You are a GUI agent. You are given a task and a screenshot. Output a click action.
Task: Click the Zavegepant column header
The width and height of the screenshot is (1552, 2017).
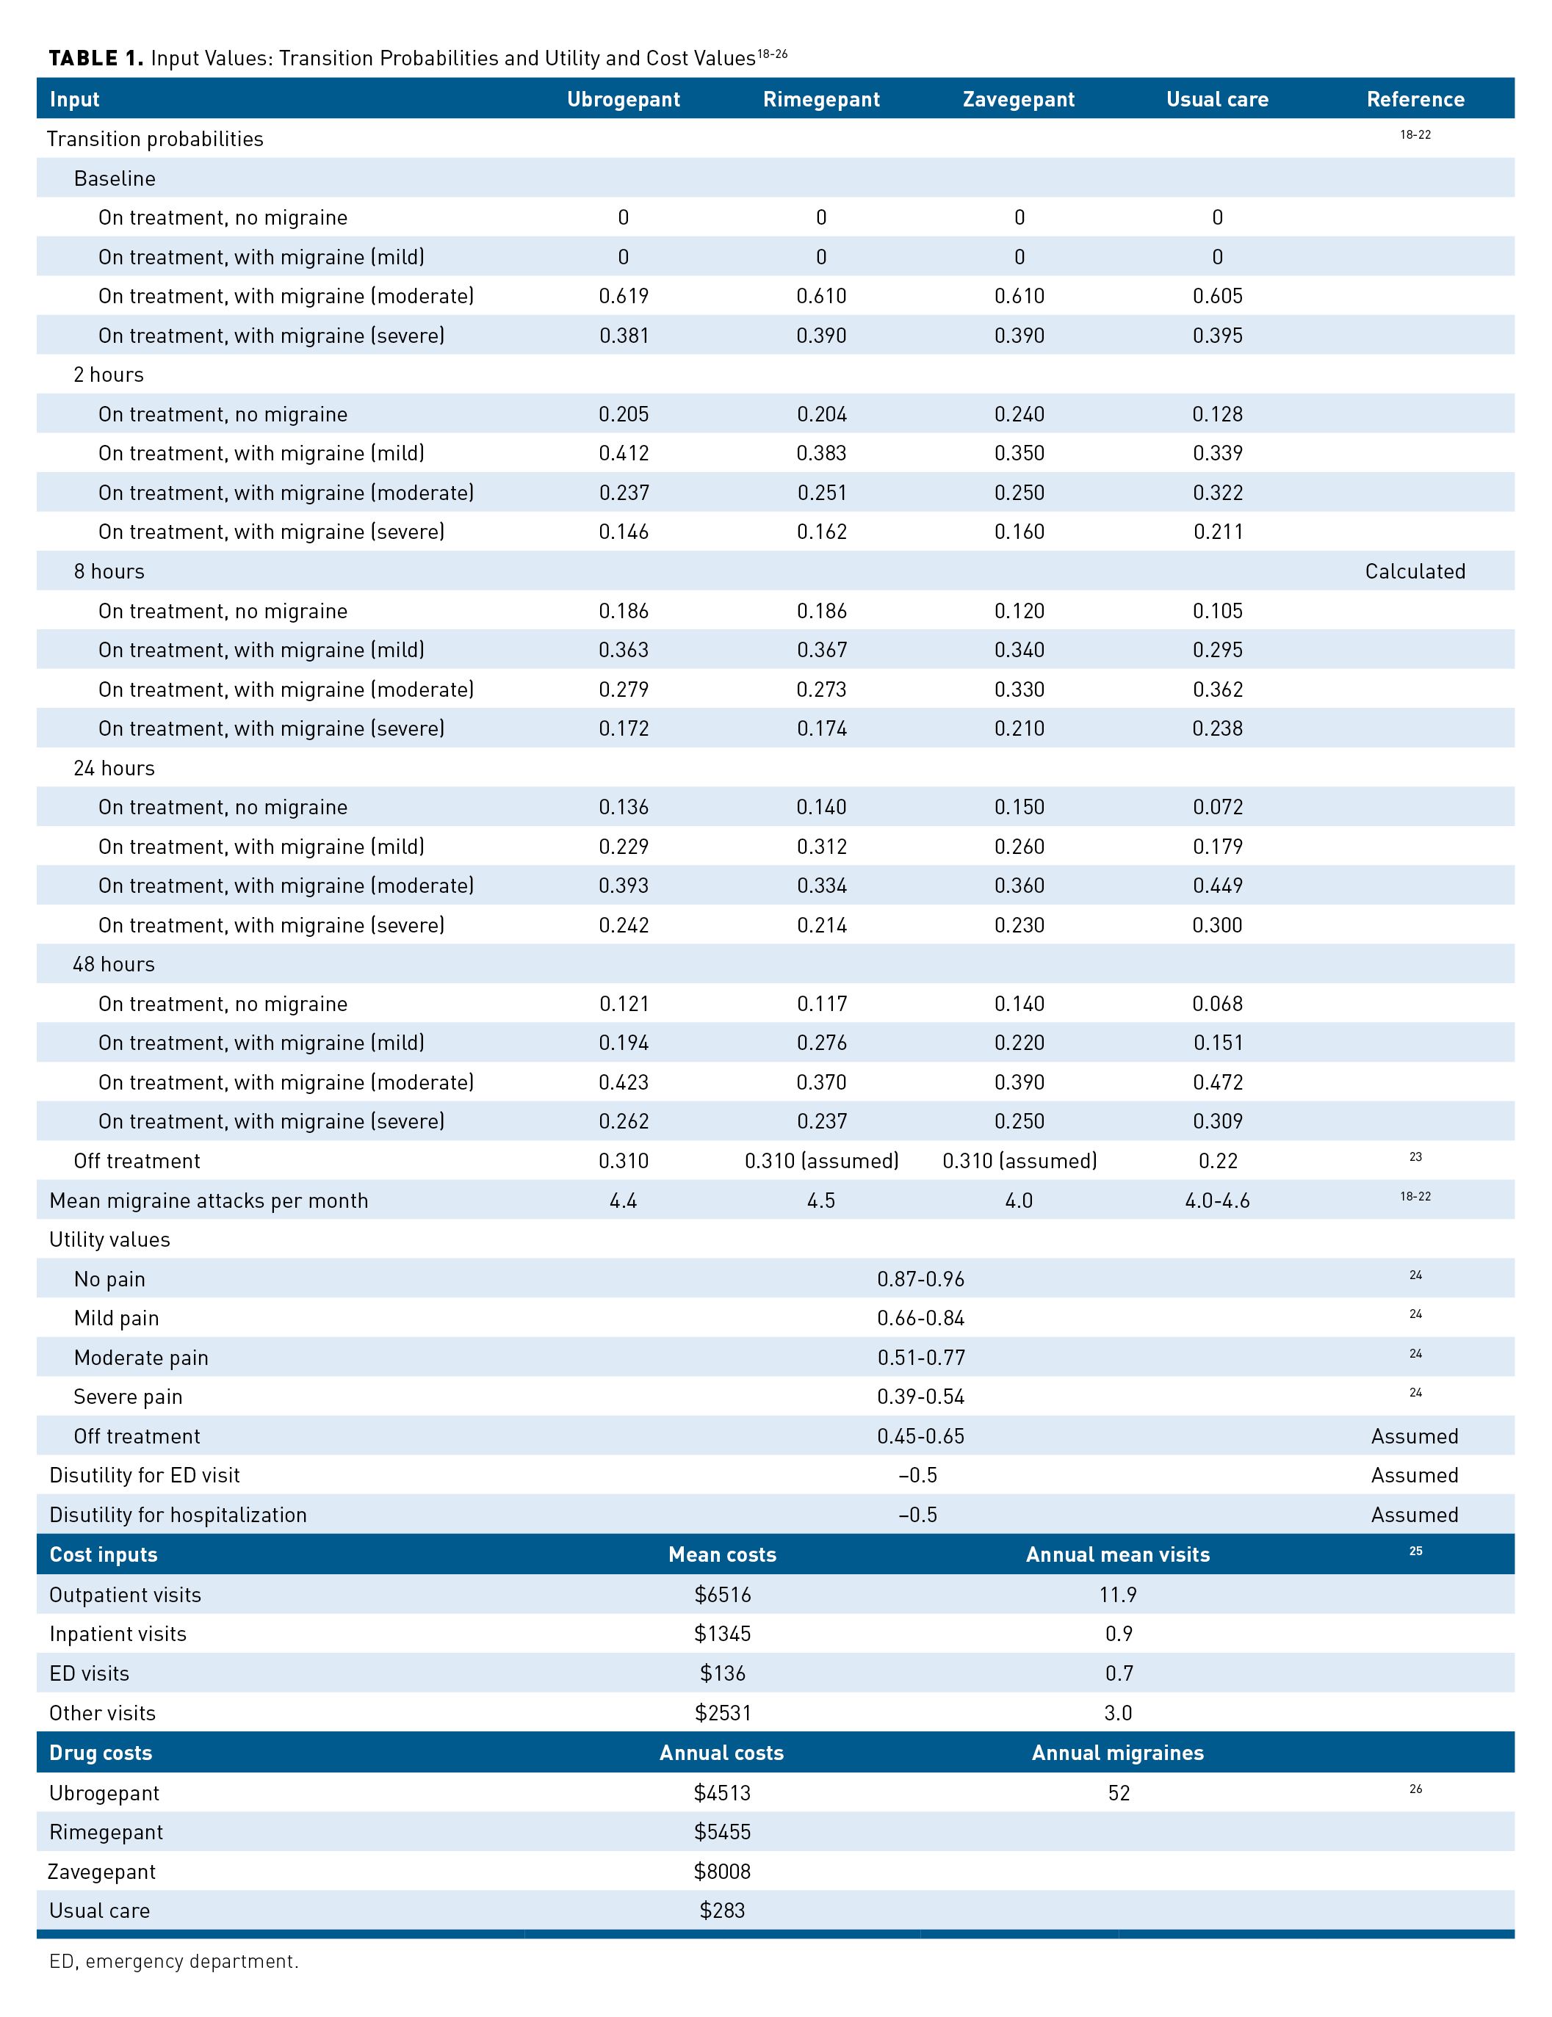point(1018,99)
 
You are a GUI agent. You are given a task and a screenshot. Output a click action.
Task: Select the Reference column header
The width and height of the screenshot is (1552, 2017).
point(1415,99)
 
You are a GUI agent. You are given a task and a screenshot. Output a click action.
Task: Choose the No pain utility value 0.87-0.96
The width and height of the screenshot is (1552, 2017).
point(920,1278)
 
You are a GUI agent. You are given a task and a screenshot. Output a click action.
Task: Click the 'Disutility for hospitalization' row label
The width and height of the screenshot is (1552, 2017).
point(177,1515)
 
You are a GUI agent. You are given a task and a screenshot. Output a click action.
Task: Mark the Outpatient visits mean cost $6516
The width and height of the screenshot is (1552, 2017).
point(723,1594)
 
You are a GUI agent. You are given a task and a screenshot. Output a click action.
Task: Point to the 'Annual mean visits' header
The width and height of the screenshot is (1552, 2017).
point(1117,1554)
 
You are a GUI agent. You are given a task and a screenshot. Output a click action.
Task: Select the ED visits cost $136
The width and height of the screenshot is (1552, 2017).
point(723,1673)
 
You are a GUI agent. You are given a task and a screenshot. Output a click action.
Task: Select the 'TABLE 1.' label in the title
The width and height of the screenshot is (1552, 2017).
point(95,58)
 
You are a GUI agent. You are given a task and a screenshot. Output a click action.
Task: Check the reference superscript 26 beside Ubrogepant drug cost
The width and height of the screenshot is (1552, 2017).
point(1415,1789)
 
